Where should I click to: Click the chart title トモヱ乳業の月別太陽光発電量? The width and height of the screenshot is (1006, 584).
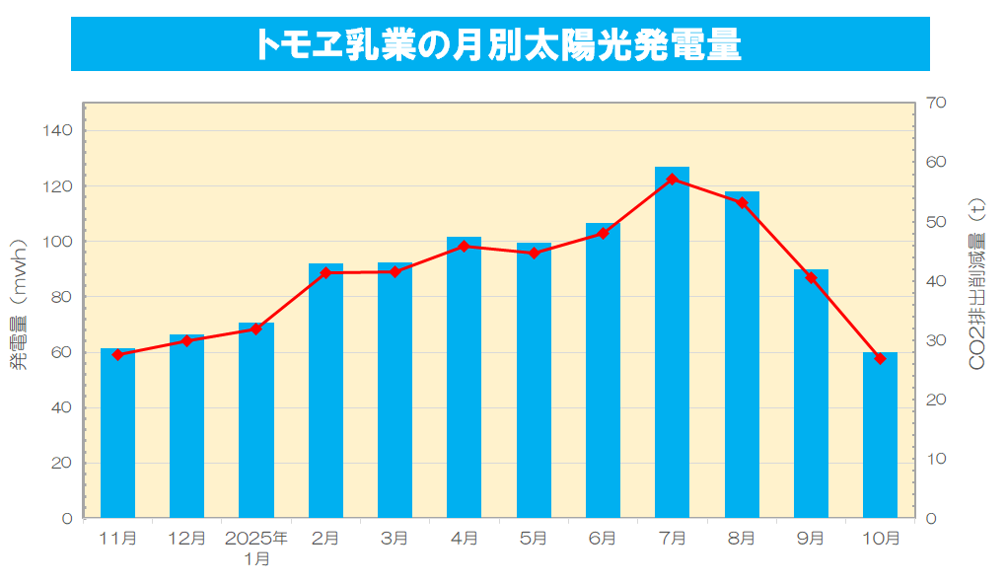coord(499,44)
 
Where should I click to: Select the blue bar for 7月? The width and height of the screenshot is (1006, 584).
coord(672,345)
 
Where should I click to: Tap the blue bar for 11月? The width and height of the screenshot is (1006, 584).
coord(117,434)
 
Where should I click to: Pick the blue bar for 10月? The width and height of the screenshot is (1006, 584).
coord(880,434)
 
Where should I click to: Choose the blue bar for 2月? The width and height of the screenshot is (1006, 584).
coord(325,395)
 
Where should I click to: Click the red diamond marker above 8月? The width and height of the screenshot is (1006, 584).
coord(742,203)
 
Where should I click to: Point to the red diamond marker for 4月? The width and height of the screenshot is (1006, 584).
coord(464,247)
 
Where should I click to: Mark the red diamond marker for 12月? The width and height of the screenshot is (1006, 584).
coord(186,340)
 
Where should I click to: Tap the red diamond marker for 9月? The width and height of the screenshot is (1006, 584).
coord(811,278)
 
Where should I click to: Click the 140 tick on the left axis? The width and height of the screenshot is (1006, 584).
coord(60,130)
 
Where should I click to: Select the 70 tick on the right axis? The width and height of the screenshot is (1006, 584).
coord(937,103)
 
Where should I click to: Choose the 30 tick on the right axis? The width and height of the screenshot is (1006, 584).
coord(937,340)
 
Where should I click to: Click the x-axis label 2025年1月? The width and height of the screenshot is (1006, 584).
coord(256,548)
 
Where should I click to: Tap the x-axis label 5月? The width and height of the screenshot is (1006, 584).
coord(534,539)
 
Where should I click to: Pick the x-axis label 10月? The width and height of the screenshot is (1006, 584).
coord(880,539)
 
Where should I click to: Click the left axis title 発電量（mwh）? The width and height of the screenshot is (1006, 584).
coord(19,307)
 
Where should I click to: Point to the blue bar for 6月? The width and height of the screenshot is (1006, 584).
coord(603,375)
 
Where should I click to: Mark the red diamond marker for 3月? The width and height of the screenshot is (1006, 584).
coord(395,271)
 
